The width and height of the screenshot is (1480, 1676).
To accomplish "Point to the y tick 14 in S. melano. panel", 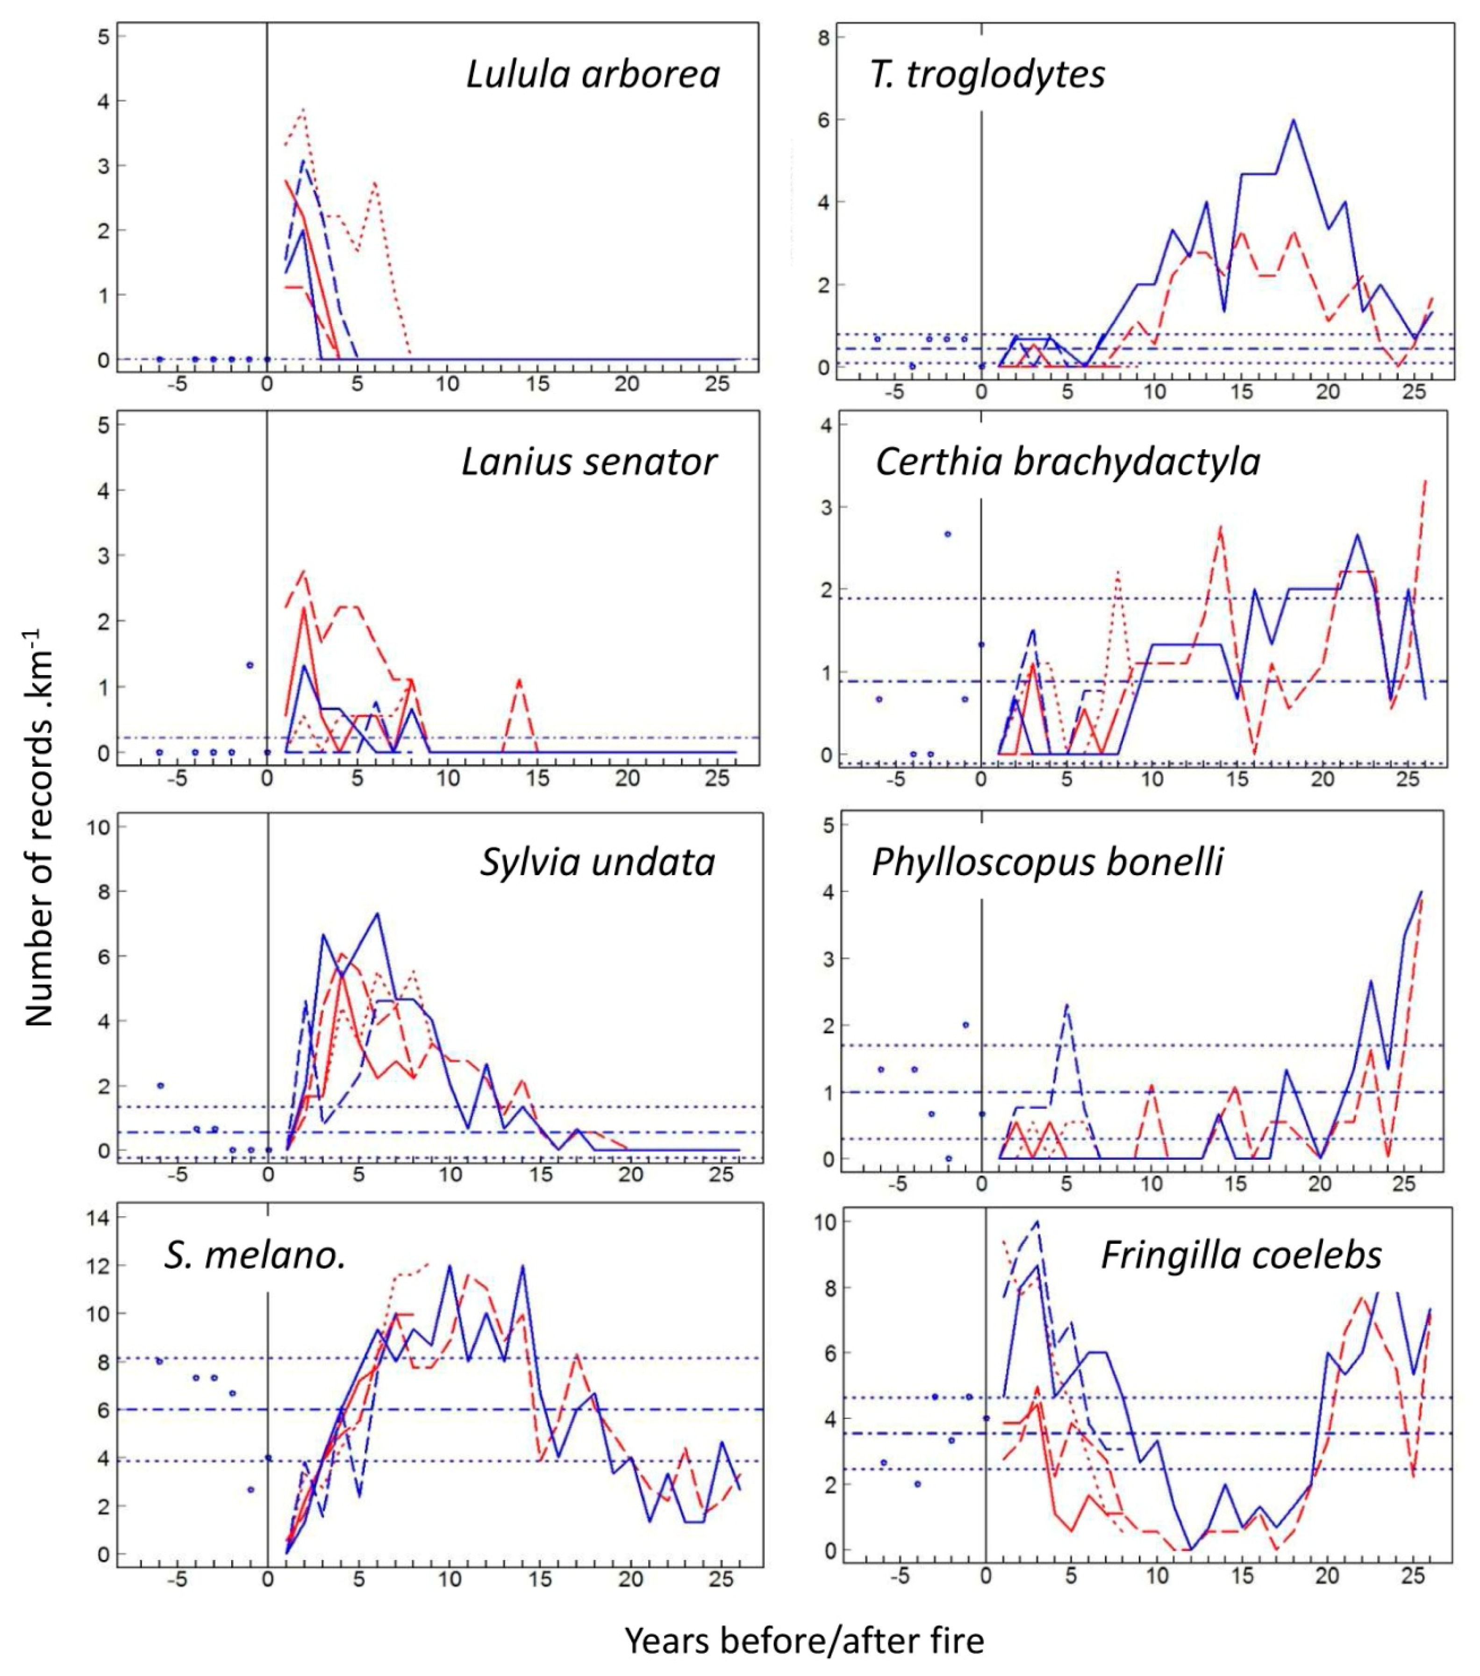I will pyautogui.click(x=98, y=1218).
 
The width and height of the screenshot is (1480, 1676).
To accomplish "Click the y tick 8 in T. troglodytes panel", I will pyautogui.click(x=823, y=38).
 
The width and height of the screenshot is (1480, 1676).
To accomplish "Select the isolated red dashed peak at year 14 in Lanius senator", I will pyautogui.click(x=520, y=680).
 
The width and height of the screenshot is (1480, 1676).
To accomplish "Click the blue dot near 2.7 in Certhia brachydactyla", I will pyautogui.click(x=948, y=534).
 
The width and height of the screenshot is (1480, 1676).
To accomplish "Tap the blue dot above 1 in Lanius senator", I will pyautogui.click(x=250, y=665).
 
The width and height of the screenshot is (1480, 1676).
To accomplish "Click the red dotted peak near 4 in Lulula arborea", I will pyautogui.click(x=303, y=109).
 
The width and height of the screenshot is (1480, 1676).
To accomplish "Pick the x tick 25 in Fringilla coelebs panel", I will pyautogui.click(x=1413, y=1576).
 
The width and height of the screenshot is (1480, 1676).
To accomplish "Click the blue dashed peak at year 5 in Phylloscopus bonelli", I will pyautogui.click(x=1067, y=1005).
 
